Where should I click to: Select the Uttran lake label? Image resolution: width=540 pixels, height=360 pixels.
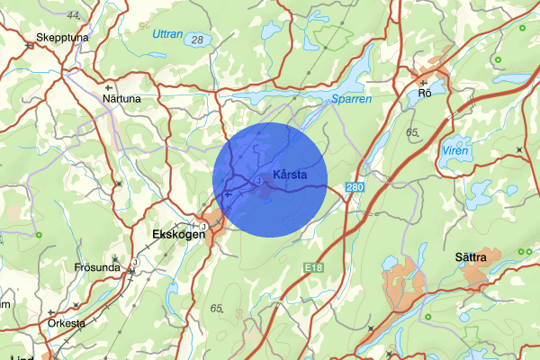166,34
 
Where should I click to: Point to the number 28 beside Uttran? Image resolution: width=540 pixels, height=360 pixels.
197,39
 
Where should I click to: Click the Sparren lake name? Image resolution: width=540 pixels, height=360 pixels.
351,100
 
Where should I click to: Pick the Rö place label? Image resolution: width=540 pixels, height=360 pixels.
426,93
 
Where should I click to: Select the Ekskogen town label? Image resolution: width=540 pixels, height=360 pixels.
173,233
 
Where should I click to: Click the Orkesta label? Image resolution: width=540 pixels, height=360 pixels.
67,323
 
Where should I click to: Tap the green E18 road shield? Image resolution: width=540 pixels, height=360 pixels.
313,268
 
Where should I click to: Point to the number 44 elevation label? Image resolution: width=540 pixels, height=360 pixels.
73,16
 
